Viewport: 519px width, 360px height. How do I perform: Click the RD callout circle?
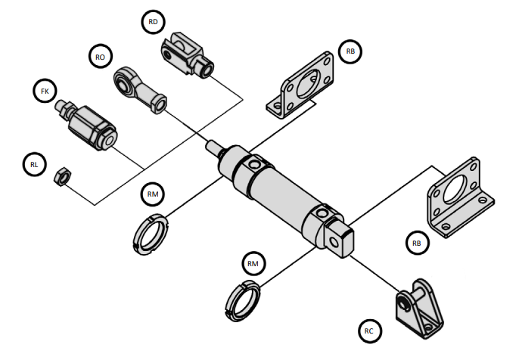click(x=153, y=22)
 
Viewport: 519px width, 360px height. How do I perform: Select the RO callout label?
click(x=101, y=57)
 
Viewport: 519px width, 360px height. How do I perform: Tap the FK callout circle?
click(x=45, y=91)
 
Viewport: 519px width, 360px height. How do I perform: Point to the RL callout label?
click(x=34, y=164)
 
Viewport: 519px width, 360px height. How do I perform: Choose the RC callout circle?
click(x=369, y=331)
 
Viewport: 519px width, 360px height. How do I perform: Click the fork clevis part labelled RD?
click(x=186, y=54)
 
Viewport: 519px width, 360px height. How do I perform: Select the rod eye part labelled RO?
click(x=139, y=88)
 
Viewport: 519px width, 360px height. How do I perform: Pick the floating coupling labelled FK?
click(x=86, y=124)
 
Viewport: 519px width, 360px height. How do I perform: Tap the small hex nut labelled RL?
click(x=62, y=176)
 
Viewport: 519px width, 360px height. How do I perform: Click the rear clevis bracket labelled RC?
click(x=419, y=309)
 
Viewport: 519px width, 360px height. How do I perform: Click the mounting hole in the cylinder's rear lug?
click(x=334, y=244)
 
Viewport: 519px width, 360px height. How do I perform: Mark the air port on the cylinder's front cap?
click(x=254, y=164)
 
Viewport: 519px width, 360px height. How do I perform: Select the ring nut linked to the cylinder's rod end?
click(x=151, y=234)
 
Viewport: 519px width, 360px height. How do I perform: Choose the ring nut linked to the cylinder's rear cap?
click(x=242, y=300)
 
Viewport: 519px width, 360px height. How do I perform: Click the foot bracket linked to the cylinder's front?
click(x=300, y=85)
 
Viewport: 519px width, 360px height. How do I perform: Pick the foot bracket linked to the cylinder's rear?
click(x=461, y=197)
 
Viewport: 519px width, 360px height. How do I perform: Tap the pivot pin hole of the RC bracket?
click(x=402, y=304)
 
